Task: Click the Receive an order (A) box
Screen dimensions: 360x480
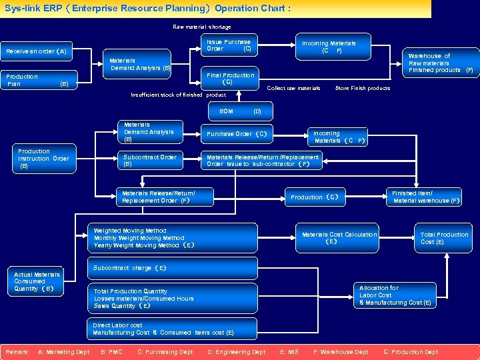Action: click(x=37, y=51)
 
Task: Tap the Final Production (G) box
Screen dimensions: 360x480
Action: click(x=230, y=79)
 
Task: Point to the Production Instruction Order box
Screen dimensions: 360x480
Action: click(x=43, y=159)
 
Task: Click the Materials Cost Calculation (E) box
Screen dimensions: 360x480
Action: click(x=339, y=238)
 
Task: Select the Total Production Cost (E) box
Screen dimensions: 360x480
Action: click(x=445, y=238)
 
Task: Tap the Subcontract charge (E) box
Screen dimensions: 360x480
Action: click(x=172, y=268)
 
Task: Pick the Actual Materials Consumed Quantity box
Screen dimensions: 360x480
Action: click(x=37, y=282)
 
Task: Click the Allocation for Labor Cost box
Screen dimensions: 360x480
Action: click(x=395, y=295)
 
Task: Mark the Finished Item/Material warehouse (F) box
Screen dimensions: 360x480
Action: click(x=425, y=197)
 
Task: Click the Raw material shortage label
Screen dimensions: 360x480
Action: click(x=202, y=27)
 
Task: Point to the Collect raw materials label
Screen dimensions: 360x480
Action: click(x=293, y=88)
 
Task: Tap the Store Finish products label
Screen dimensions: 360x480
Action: click(x=362, y=88)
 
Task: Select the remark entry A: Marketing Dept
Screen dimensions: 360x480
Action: click(x=64, y=351)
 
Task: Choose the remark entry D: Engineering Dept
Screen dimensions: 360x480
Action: click(x=236, y=351)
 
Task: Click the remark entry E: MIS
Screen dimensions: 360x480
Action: click(x=289, y=351)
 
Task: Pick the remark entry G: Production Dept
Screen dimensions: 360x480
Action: click(x=411, y=351)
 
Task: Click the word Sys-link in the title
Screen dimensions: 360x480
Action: click(x=22, y=8)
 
